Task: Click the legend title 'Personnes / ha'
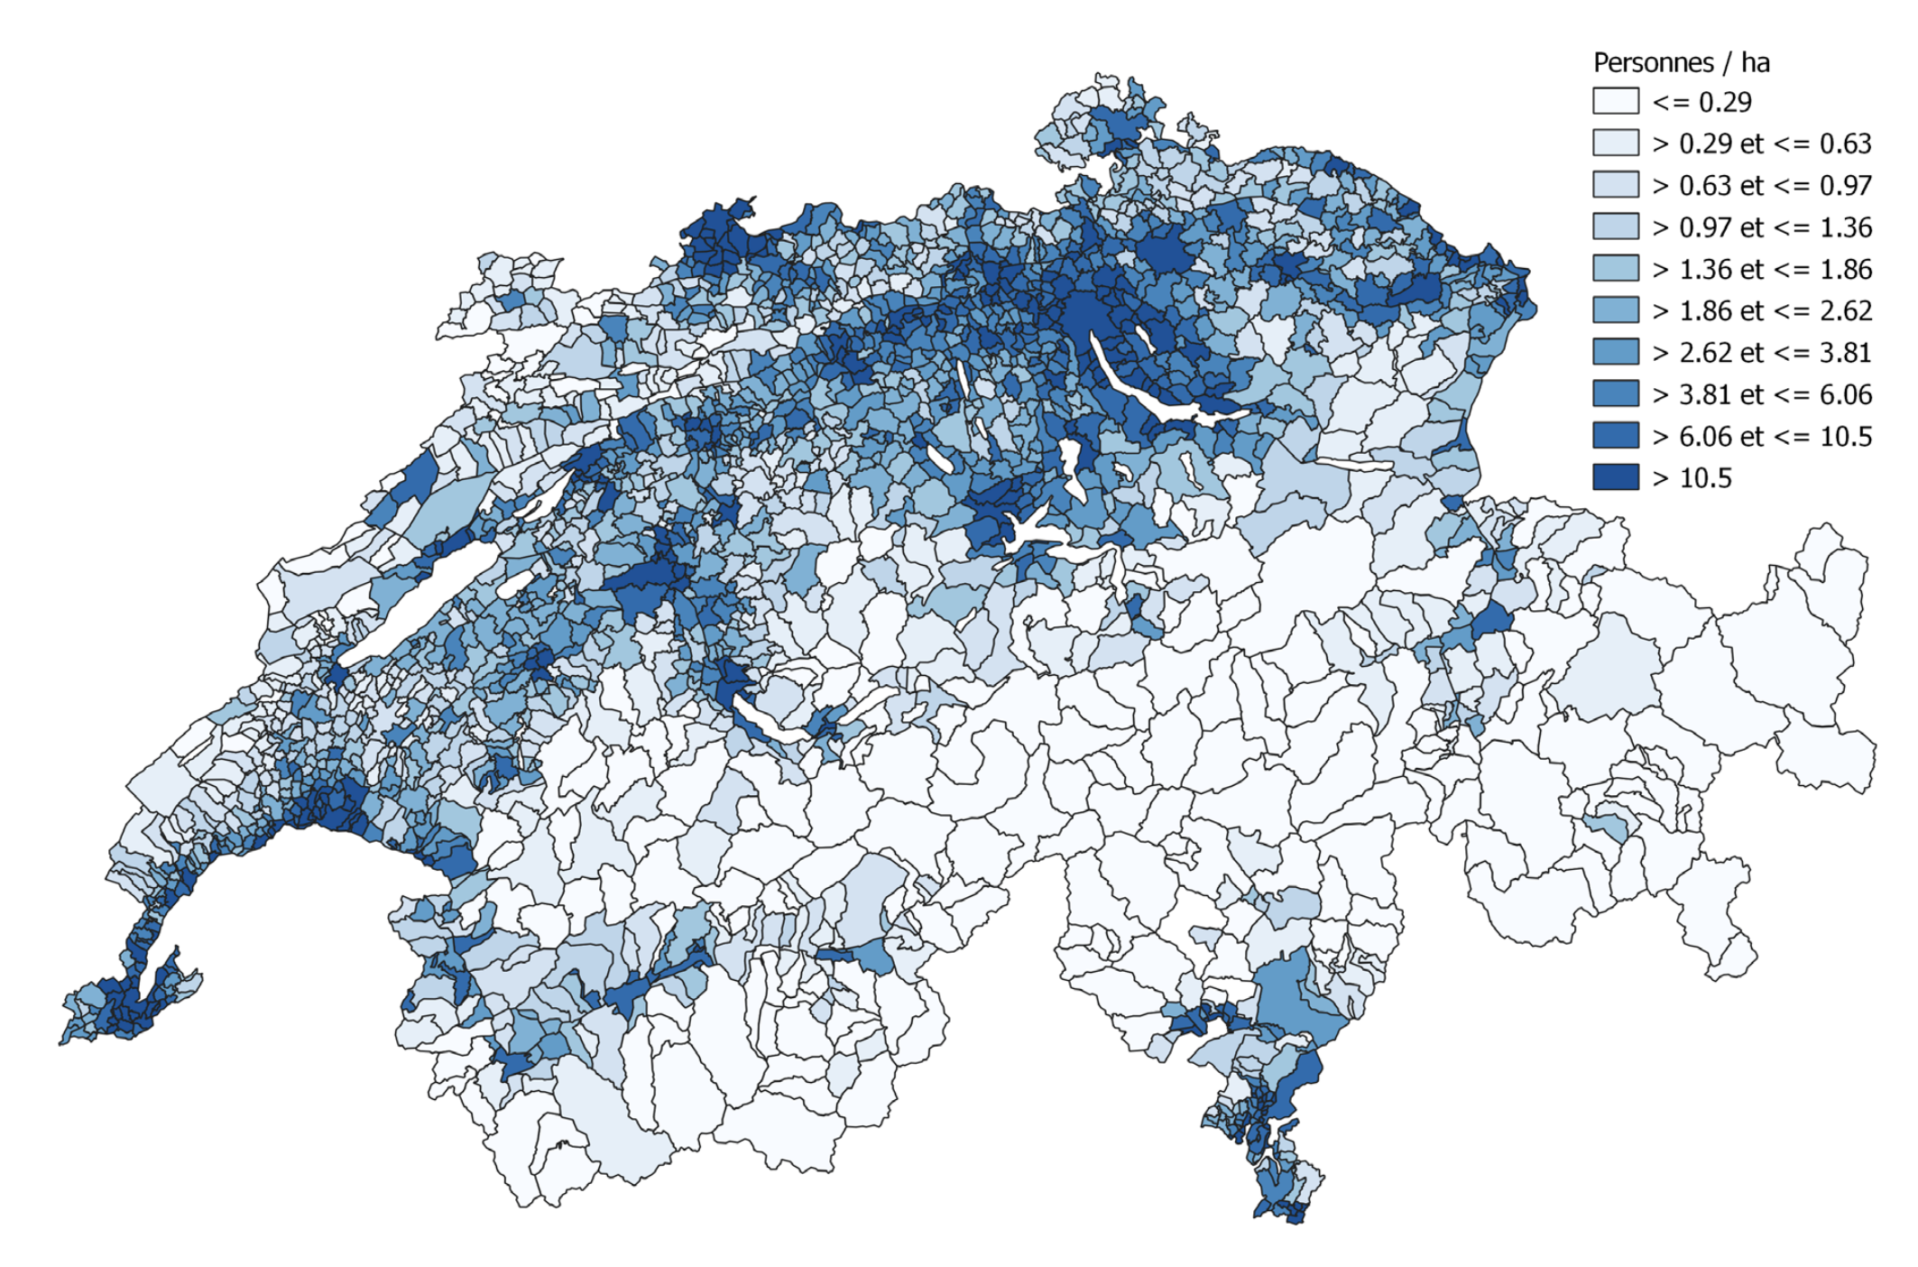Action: coord(1681,62)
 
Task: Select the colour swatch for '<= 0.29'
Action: coord(1615,101)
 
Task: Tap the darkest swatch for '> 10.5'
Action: coord(1615,477)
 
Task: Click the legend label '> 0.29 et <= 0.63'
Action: coord(1761,143)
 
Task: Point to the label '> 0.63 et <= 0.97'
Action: coord(1761,185)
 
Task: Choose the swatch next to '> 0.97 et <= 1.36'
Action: coord(1615,227)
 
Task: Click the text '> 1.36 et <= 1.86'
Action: coord(1761,269)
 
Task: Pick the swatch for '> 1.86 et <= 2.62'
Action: coord(1615,310)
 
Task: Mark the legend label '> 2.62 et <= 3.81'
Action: coord(1761,352)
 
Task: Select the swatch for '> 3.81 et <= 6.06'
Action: coord(1615,394)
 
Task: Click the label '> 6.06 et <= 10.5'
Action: coord(1761,436)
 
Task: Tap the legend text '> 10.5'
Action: coord(1692,477)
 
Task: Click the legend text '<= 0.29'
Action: coord(1701,102)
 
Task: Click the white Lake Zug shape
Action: coord(1071,469)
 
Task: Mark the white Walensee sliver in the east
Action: coord(1353,464)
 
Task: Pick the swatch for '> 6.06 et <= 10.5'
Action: coord(1615,436)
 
